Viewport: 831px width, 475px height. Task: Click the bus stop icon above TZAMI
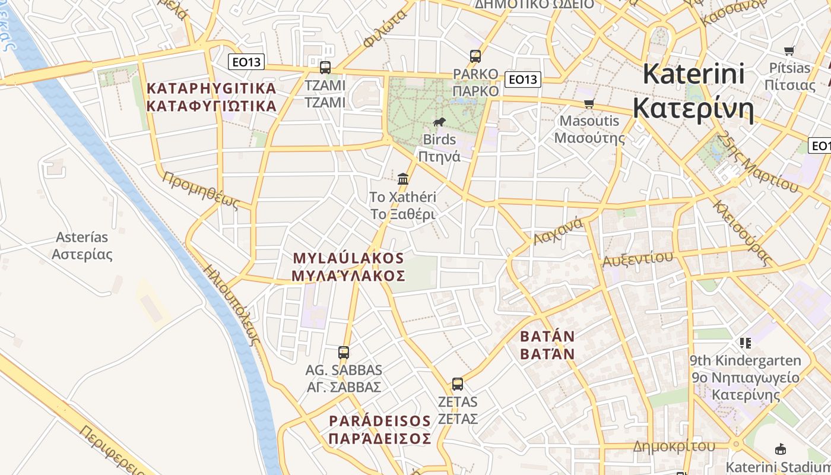(325, 67)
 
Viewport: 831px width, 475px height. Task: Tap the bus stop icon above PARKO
(475, 56)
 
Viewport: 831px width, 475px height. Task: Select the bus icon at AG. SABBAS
(344, 353)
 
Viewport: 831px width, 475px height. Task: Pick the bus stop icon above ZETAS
(457, 384)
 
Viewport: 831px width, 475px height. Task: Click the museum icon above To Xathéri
(403, 179)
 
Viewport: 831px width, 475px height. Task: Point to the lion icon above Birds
(439, 122)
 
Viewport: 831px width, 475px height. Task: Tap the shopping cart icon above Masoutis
(589, 104)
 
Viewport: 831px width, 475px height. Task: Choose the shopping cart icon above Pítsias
(789, 51)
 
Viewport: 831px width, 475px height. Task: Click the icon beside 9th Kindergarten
(746, 343)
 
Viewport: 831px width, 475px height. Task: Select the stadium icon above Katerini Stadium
(781, 449)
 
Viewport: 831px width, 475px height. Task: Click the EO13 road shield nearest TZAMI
(246, 62)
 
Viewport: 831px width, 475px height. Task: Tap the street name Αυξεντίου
(637, 258)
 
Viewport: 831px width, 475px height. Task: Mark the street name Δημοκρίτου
(674, 446)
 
